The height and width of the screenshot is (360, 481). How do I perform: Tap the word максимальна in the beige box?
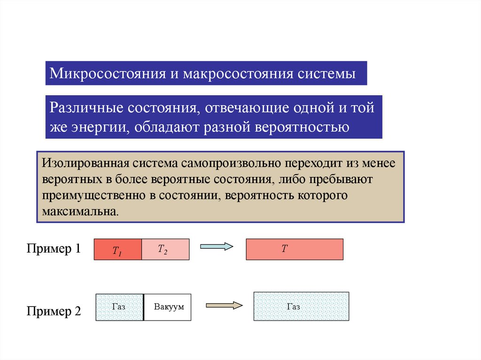pyautogui.click(x=78, y=210)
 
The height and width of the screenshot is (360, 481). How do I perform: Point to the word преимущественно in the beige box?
pyautogui.click(x=94, y=195)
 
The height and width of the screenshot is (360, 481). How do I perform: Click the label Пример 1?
pyautogui.click(x=54, y=249)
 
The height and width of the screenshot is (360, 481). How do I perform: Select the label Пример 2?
pyautogui.click(x=54, y=311)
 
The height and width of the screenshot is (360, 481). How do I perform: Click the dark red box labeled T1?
pyautogui.click(x=118, y=250)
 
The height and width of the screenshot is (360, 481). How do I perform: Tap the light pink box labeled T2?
pyautogui.click(x=165, y=250)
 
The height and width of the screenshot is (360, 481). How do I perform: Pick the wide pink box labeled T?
pyautogui.click(x=295, y=250)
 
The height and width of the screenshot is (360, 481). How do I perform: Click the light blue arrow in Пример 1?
pyautogui.click(x=217, y=246)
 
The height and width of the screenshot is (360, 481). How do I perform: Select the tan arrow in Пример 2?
pyautogui.click(x=224, y=305)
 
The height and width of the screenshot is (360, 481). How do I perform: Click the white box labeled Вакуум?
pyautogui.click(x=168, y=307)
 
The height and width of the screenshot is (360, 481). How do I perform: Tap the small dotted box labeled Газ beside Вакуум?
pyautogui.click(x=119, y=307)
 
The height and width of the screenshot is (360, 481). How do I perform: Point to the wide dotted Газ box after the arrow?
pyautogui.click(x=301, y=306)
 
